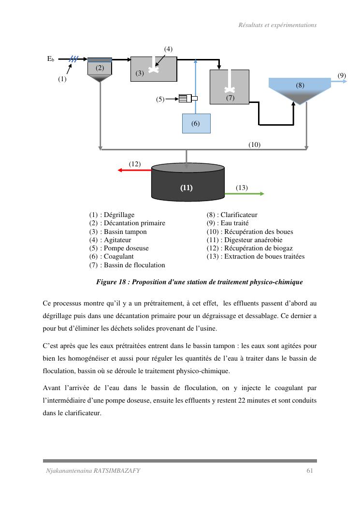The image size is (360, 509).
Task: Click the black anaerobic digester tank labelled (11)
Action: click(x=187, y=184)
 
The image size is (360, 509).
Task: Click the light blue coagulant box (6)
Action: click(x=196, y=123)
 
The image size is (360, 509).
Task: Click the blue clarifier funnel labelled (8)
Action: click(x=300, y=89)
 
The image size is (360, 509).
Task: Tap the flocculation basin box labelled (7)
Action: click(x=230, y=87)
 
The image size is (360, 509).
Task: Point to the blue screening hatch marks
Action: click(x=73, y=59)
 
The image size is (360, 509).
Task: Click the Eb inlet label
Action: click(x=50, y=59)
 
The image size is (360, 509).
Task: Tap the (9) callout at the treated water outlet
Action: click(x=342, y=75)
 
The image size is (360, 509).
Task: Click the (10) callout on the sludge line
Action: click(x=255, y=144)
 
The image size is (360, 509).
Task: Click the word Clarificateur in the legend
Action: click(x=239, y=215)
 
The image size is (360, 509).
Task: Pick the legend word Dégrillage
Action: click(x=119, y=215)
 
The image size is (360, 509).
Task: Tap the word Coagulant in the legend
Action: click(x=119, y=257)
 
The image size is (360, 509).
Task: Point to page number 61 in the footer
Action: click(x=310, y=470)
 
